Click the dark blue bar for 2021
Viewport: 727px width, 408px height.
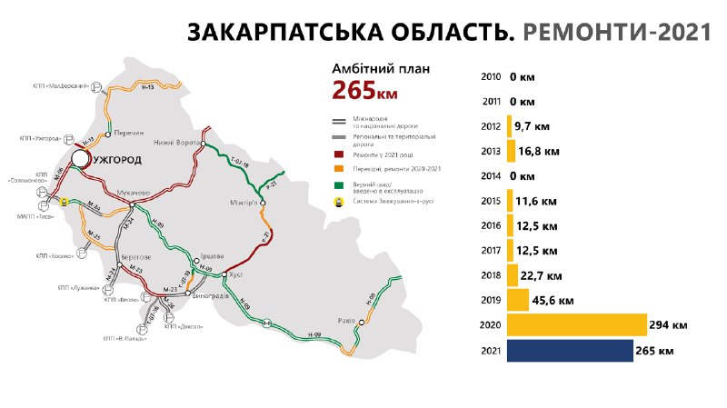[x=570, y=350]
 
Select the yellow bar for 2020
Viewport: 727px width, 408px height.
[x=576, y=324]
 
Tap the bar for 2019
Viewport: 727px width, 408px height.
[x=518, y=299]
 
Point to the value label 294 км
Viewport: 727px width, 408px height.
[x=669, y=324]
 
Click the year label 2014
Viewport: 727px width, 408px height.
[x=492, y=176]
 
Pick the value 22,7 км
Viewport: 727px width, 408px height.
[x=543, y=274]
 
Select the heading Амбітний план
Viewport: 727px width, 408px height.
[x=379, y=68]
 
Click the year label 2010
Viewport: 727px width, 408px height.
[x=492, y=77]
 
